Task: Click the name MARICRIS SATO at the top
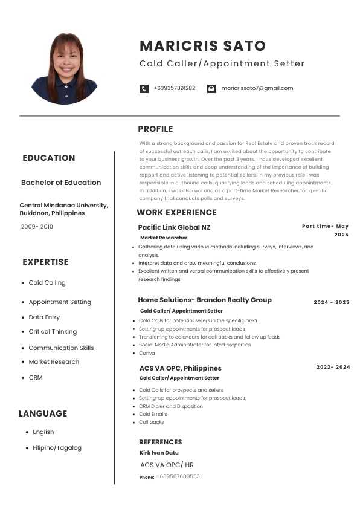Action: click(x=202, y=46)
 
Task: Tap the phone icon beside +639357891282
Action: click(x=144, y=88)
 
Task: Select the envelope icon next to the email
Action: click(x=211, y=88)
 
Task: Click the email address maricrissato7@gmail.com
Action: click(x=257, y=88)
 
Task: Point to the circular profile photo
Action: click(x=65, y=68)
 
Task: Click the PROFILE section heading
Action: click(x=155, y=129)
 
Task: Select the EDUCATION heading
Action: click(x=49, y=158)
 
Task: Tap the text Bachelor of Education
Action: click(x=61, y=183)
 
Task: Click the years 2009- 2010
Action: click(x=37, y=226)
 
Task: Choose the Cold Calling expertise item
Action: click(x=47, y=283)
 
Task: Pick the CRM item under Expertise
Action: click(x=36, y=378)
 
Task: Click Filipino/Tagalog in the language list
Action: click(x=57, y=448)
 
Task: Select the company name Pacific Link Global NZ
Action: click(x=174, y=227)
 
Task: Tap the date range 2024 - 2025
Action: click(x=331, y=302)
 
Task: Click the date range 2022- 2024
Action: click(x=333, y=367)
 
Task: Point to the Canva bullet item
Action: click(x=147, y=353)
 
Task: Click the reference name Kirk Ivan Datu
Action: click(x=159, y=453)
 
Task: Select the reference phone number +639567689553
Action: click(x=178, y=476)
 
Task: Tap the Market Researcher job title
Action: click(x=164, y=238)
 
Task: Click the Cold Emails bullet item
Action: click(x=153, y=414)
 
